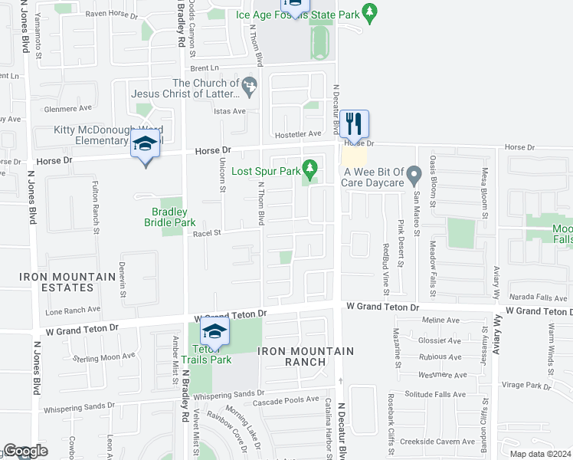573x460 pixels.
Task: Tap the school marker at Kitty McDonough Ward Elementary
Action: [x=144, y=143]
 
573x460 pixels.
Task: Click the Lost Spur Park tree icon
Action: [x=310, y=167]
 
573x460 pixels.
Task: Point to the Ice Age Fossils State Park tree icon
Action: [x=371, y=13]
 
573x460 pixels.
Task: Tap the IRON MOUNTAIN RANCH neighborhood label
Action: [x=306, y=356]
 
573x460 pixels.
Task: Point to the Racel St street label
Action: [x=206, y=233]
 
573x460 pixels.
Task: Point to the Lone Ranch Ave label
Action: [x=72, y=310]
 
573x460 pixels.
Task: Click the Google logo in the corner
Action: [x=25, y=451]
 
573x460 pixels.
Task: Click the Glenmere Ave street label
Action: [x=67, y=108]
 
